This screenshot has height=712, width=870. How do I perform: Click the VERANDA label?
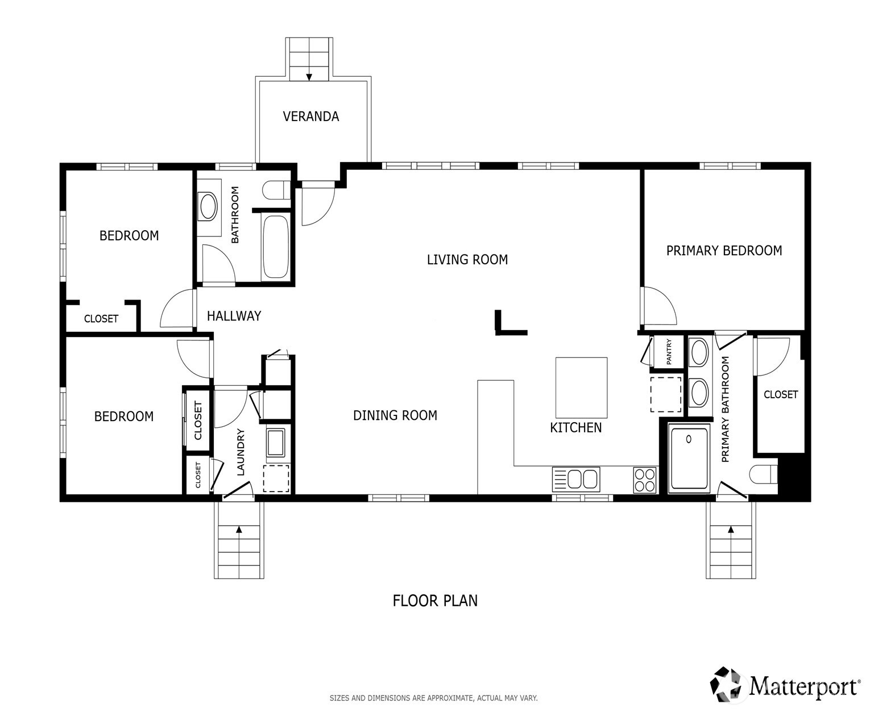310,116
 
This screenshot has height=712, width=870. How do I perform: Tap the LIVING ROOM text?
467,260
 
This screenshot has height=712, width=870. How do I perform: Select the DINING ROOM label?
395,415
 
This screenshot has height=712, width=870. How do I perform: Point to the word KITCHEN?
575,427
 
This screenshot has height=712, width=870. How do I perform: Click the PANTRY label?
669,352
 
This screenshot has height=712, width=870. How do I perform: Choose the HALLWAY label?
234,316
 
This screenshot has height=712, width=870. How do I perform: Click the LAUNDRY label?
241,452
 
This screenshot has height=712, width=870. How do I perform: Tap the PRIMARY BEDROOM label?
724,251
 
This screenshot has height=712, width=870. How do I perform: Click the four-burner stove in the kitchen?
645,480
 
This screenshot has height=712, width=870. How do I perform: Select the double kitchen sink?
576,480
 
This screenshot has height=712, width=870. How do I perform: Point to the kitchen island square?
581,388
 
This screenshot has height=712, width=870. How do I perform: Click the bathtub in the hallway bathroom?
276,247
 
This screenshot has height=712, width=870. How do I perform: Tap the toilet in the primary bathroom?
763,474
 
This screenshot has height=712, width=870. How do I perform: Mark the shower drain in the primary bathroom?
689,439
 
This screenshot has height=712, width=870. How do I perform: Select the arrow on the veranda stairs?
309,77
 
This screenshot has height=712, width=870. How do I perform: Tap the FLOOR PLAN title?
435,601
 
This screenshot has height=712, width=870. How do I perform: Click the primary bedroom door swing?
659,306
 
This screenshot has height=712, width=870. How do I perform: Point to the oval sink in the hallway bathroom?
208,206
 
